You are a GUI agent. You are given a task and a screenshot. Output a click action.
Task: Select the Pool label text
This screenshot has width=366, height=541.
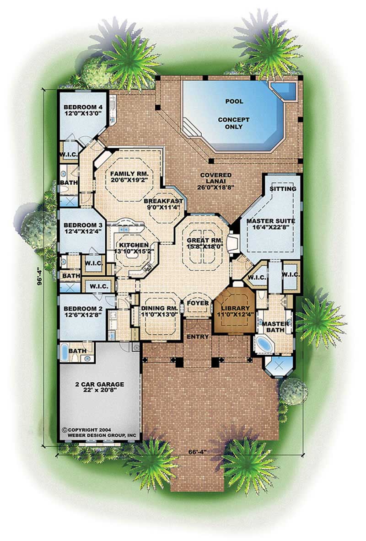[234, 102]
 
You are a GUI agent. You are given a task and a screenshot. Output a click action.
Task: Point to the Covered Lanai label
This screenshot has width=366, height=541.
[216, 178]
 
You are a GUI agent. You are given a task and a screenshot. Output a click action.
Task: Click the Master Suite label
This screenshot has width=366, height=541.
[271, 221]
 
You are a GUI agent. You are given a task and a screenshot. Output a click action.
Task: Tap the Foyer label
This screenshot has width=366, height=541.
[198, 303]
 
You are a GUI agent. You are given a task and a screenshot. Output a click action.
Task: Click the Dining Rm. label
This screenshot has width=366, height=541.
[159, 308]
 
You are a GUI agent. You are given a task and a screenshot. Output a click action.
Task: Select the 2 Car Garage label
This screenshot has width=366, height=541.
[99, 384]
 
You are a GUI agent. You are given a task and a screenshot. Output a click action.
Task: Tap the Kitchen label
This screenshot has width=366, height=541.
[132, 245]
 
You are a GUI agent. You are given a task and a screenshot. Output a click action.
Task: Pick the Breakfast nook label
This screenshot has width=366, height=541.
[163, 201]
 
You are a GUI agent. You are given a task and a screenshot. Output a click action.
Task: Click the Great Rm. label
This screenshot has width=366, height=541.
[205, 241]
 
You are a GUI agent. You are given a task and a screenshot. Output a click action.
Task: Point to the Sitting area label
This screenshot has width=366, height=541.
[283, 189]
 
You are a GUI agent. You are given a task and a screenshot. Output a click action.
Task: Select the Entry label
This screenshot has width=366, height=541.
[198, 337]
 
